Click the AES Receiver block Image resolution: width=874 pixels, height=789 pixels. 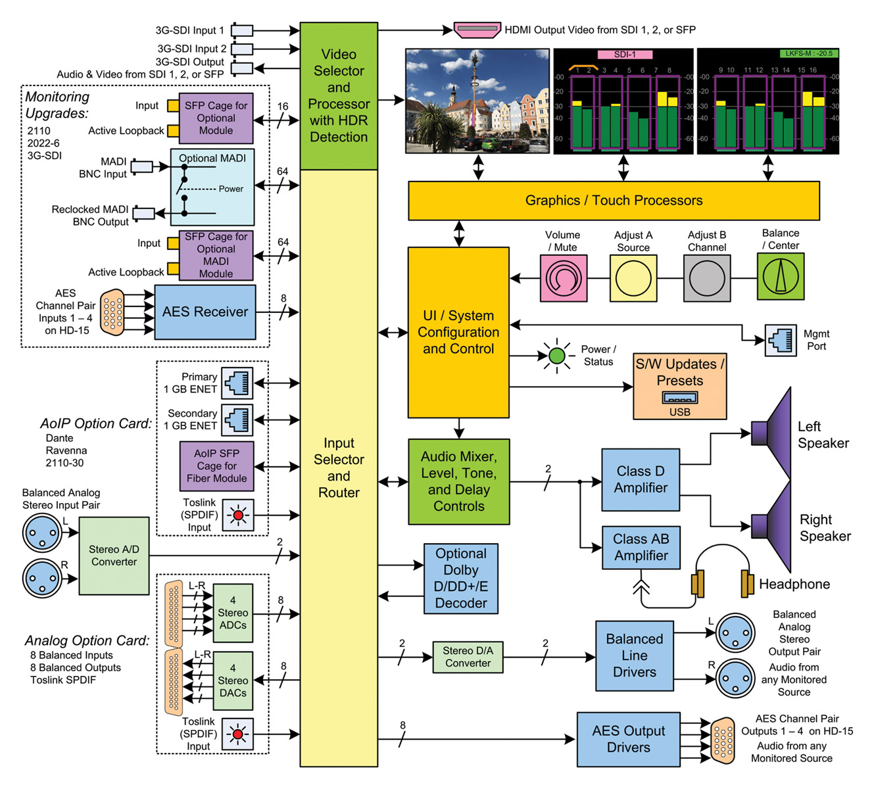[x=205, y=312]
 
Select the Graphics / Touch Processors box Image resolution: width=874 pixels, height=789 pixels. [x=614, y=201]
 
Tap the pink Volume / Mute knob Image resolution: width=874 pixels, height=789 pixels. [x=564, y=278]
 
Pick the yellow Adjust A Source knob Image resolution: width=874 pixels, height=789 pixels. [x=633, y=278]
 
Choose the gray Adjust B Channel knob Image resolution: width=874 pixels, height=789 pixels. [x=707, y=278]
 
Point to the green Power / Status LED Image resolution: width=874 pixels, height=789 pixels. [x=557, y=356]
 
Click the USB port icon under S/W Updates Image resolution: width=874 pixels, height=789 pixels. [x=680, y=398]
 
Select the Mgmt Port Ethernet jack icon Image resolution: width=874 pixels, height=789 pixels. [x=781, y=340]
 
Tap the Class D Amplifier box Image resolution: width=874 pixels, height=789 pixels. [x=641, y=480]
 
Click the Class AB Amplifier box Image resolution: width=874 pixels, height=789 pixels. [x=641, y=548]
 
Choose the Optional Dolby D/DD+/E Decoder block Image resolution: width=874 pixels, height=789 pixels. [x=460, y=579]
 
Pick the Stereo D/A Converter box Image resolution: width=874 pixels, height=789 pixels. [x=468, y=657]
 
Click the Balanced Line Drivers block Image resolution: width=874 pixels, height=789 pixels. [x=634, y=656]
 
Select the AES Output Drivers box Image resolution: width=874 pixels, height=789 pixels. [x=628, y=739]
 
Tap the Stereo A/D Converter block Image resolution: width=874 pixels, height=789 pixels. [x=114, y=556]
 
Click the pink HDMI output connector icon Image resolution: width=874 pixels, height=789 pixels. [x=477, y=30]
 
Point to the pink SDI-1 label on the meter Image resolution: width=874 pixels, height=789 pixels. [x=625, y=55]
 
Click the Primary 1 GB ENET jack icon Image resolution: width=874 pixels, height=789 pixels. [x=237, y=383]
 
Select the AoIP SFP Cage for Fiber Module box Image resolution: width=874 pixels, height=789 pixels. [x=216, y=466]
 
